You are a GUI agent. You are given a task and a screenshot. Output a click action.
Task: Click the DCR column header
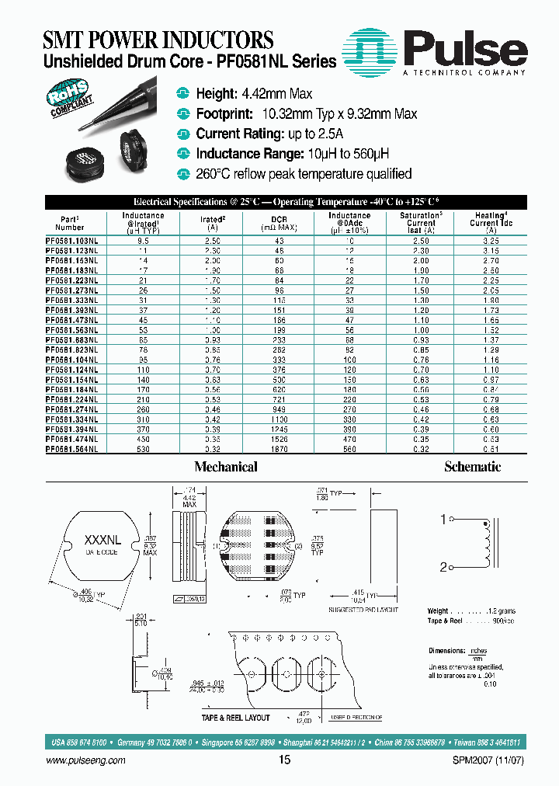tap(279, 220)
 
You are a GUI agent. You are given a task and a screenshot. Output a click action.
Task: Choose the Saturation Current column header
tap(422, 223)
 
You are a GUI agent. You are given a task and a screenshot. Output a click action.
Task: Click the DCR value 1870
tap(279, 450)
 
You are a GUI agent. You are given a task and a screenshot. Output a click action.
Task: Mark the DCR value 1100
tap(279, 420)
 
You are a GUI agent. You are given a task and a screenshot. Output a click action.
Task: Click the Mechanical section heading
tap(225, 467)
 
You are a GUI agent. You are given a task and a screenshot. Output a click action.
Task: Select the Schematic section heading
tap(472, 467)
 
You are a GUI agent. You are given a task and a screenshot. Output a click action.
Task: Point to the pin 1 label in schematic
tap(443, 519)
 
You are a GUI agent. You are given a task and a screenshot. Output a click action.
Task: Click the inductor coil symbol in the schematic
tap(487, 544)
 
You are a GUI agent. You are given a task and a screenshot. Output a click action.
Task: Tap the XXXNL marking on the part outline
tap(101, 539)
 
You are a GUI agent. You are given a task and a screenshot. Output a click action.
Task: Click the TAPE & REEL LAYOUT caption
tap(235, 718)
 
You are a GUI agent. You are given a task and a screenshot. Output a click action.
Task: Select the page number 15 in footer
tap(284, 760)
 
